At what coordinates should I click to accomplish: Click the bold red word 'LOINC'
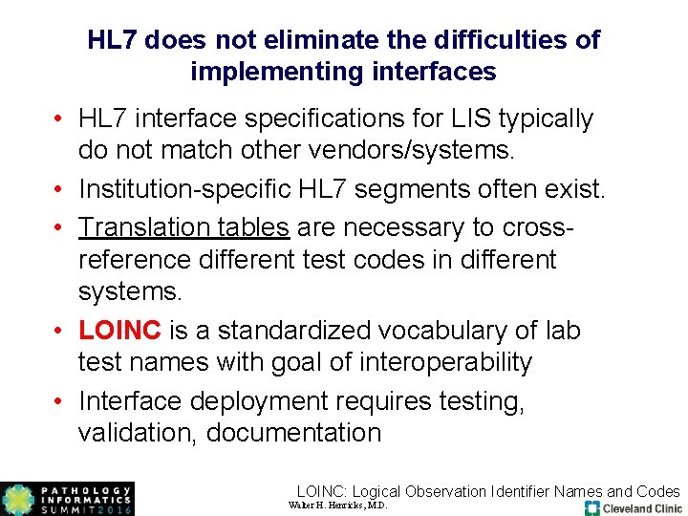click(x=120, y=331)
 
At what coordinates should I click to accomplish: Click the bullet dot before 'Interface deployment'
click(x=60, y=400)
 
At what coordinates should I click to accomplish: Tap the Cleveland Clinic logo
click(x=634, y=507)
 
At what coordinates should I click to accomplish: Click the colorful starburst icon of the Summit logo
click(x=17, y=499)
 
